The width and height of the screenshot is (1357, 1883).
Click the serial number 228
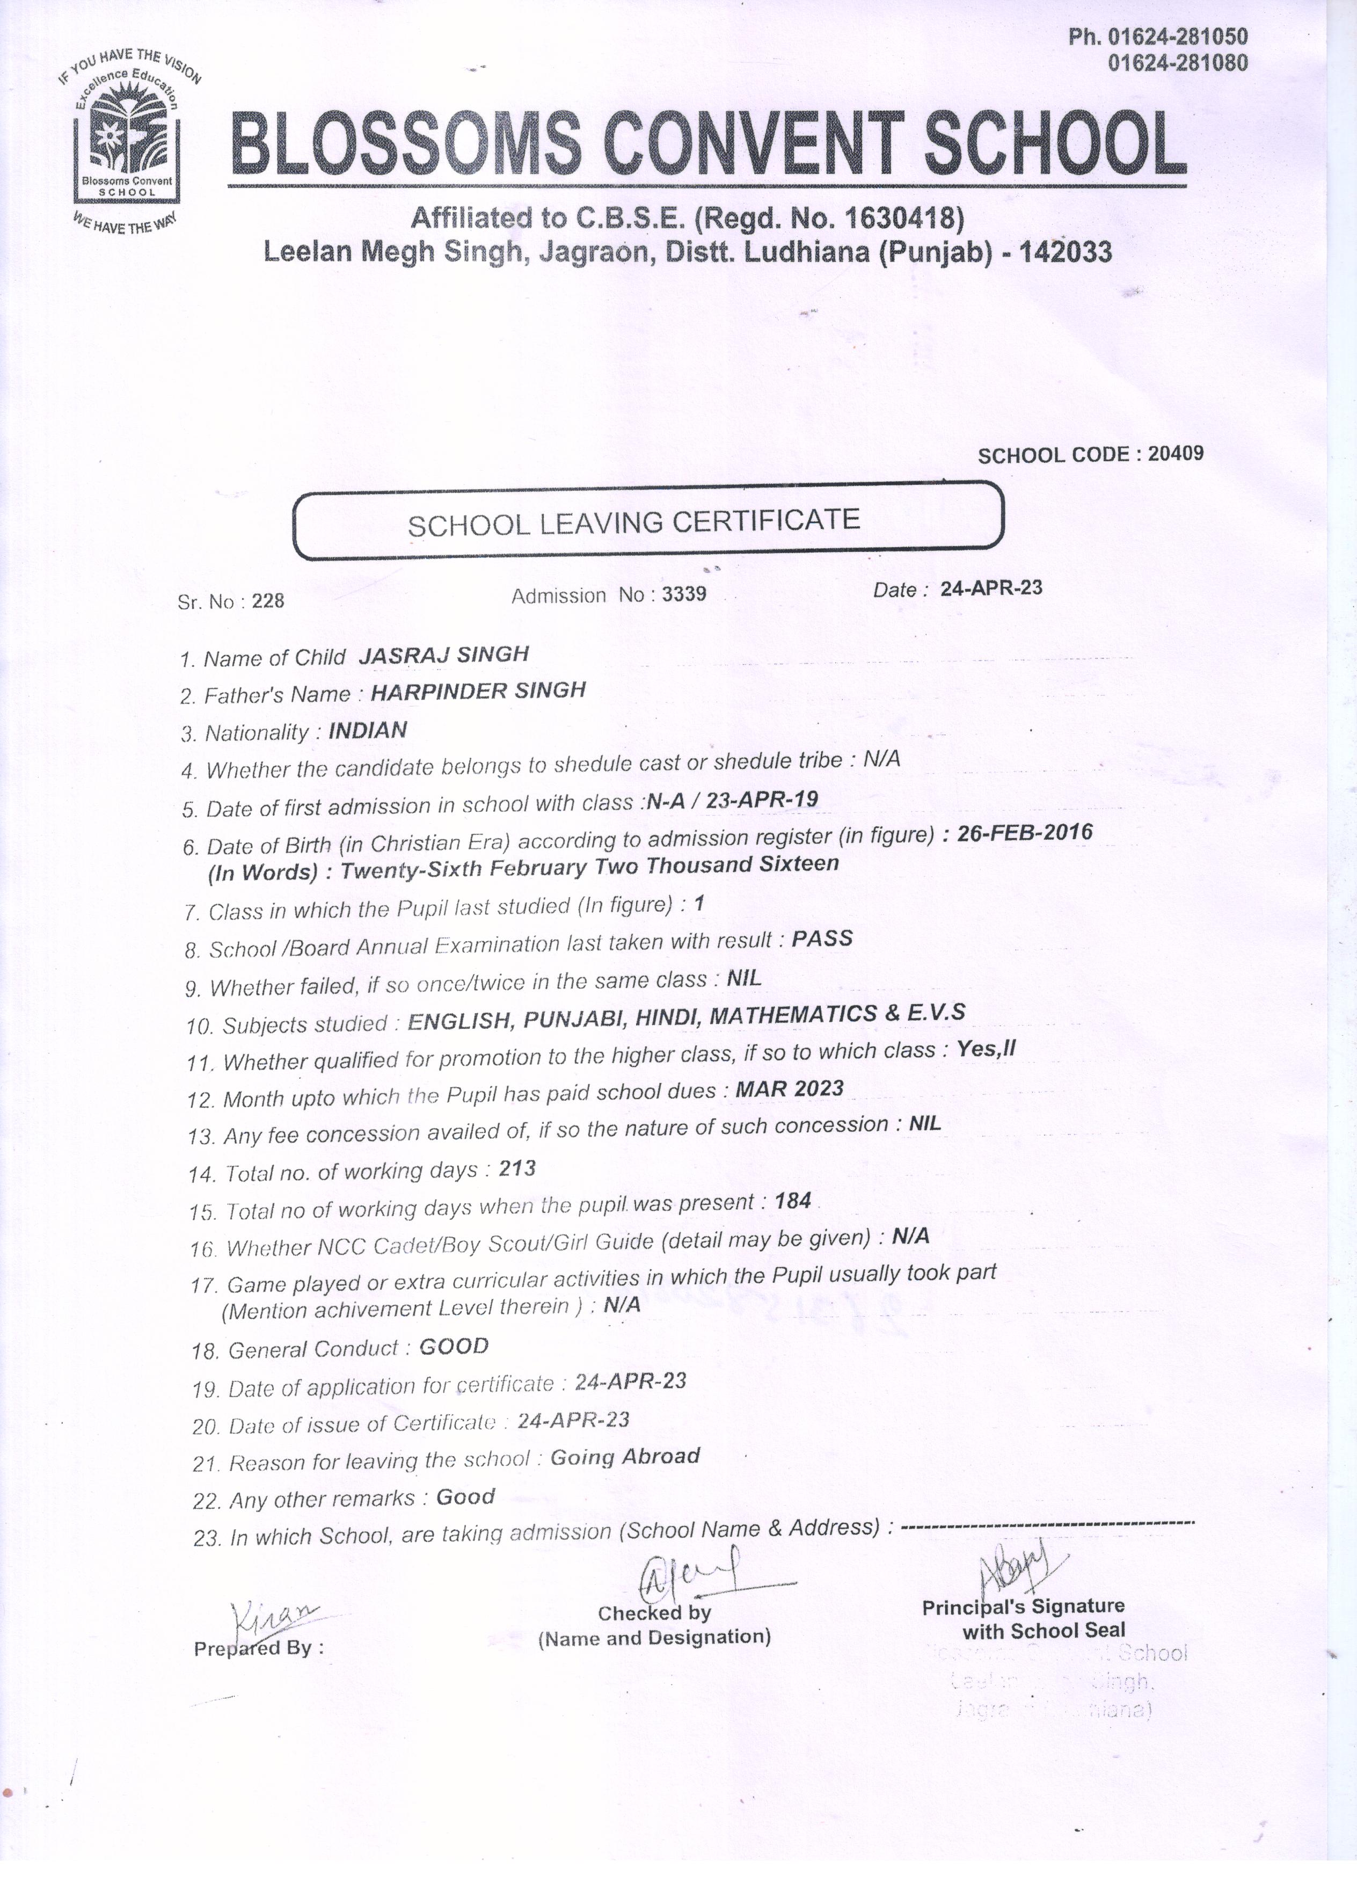pos(268,601)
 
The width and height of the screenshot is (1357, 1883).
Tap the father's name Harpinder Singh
pos(478,691)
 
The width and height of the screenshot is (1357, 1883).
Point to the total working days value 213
pos(517,1169)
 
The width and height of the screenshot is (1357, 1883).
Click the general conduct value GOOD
pos(454,1346)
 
